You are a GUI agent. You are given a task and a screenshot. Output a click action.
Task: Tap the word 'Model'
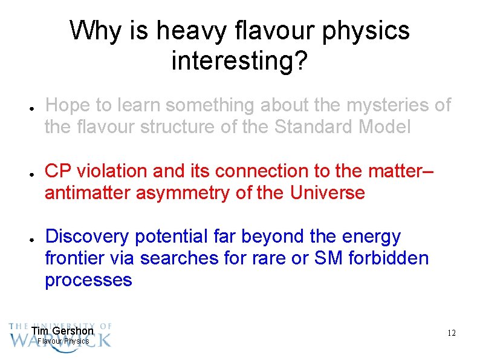click(383, 128)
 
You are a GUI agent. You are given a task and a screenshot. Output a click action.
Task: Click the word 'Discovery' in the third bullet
click(88, 237)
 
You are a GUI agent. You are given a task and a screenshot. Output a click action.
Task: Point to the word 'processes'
click(88, 280)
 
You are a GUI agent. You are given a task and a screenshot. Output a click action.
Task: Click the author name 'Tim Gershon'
click(62, 331)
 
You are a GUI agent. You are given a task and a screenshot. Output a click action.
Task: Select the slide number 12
click(451, 333)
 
